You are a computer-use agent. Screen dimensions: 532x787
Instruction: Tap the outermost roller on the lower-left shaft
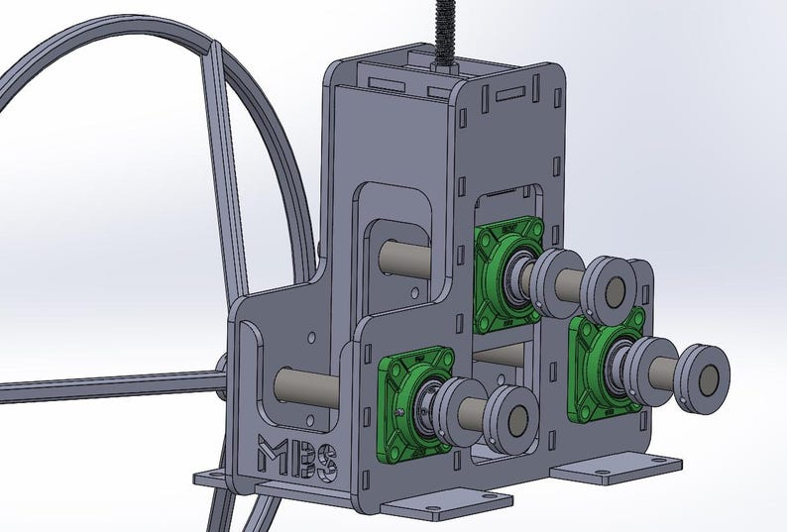(x=515, y=420)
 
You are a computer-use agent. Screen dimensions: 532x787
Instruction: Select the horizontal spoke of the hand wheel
(x=99, y=383)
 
